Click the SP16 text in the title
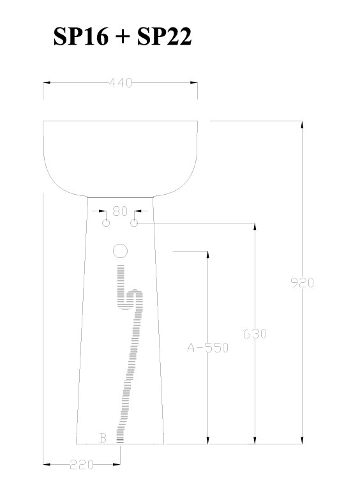[x=81, y=36]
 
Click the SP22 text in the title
[x=164, y=36]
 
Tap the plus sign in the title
[x=123, y=37]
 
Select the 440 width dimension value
[x=121, y=83]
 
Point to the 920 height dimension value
[x=302, y=283]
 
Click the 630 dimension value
[x=255, y=334]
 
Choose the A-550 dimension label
[x=208, y=347]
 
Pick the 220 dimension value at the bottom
[x=82, y=464]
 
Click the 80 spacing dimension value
[x=120, y=211]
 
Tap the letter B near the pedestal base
[x=103, y=438]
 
